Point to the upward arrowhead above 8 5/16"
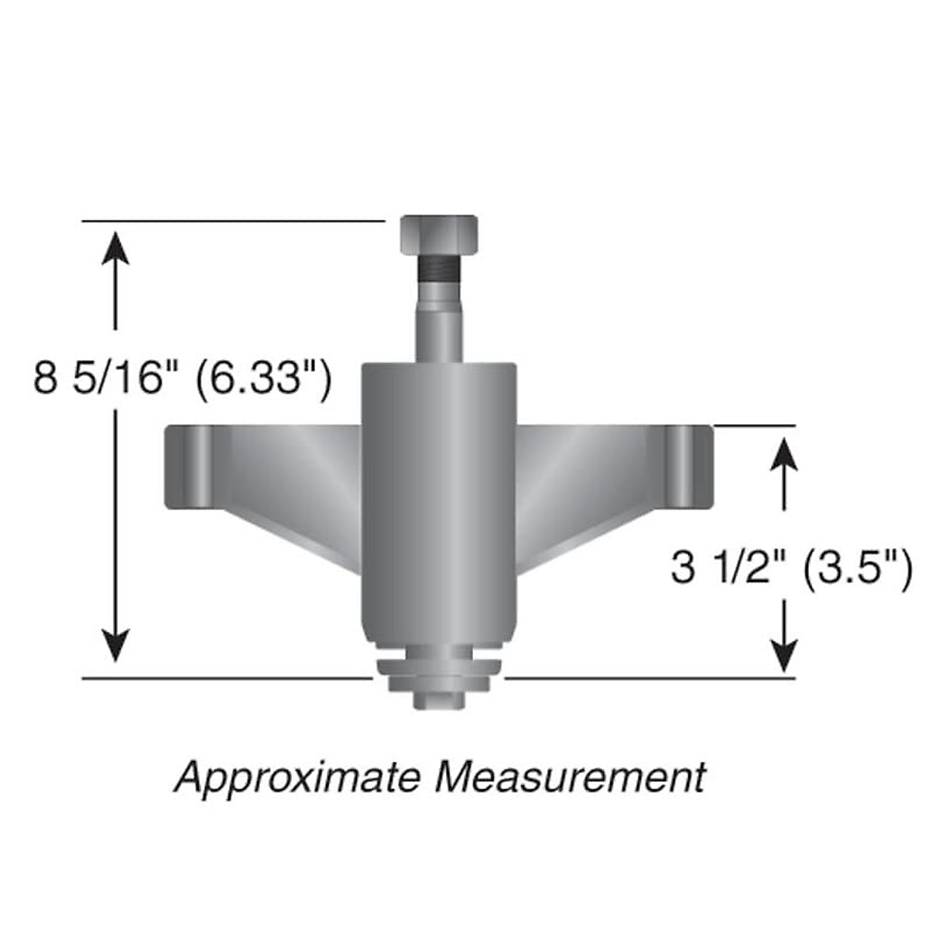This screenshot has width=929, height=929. coord(116,248)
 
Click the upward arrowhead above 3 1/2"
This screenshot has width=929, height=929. coord(786,454)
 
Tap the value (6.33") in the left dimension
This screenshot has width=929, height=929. coord(263,379)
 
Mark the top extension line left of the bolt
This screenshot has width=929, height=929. coord(232,221)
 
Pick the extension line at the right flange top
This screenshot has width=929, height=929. coord(755,425)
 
